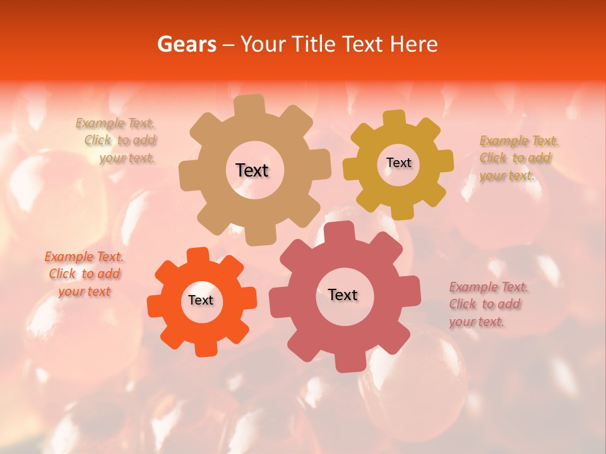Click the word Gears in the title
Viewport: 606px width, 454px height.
pos(186,44)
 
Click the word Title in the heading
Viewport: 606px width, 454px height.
pos(313,44)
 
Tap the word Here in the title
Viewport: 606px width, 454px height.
pos(414,44)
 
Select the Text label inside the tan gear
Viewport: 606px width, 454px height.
pos(252,170)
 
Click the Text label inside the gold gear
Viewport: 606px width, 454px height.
pos(398,163)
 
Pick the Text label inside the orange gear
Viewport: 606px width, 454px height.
pos(201,300)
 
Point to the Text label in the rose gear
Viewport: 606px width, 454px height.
pos(343,294)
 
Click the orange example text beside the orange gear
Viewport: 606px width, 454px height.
pos(84,274)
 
